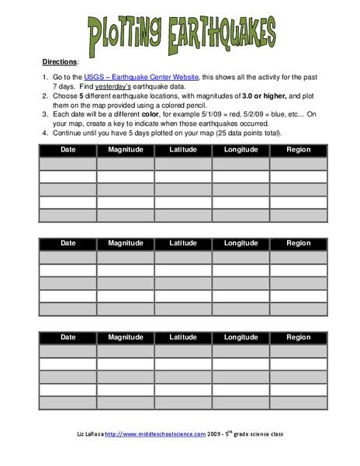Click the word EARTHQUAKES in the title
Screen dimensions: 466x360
pos(226,34)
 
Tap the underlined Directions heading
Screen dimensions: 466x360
pos(59,60)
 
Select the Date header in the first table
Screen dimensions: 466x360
pos(68,150)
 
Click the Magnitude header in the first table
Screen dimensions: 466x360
pos(126,150)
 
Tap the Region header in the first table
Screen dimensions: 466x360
pos(298,150)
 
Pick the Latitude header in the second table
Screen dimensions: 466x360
pos(183,243)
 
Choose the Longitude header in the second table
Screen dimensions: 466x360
pos(241,243)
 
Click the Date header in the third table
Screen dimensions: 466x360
pos(68,337)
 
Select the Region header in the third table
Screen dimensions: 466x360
pos(298,337)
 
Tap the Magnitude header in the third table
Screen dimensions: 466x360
pos(126,337)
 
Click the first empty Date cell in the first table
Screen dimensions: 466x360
pos(68,164)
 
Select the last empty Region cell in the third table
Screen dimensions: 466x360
pos(298,403)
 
